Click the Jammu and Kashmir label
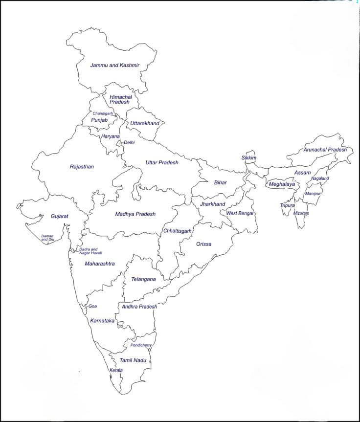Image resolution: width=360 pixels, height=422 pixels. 115,65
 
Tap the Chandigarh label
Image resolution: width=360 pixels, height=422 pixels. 103,113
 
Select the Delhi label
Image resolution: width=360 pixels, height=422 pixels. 129,142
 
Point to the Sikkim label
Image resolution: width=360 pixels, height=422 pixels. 248,158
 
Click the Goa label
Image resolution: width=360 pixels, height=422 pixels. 93,306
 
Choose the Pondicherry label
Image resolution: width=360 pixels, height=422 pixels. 141,345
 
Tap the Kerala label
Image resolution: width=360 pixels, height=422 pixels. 116,370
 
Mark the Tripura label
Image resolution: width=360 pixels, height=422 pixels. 288,205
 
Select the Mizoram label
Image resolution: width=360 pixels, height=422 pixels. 301,213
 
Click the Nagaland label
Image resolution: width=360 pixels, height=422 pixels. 320,178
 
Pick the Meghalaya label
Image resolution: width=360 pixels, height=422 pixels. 282,184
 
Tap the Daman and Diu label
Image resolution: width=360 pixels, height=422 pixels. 47,238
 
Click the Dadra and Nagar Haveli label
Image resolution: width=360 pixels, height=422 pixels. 88,251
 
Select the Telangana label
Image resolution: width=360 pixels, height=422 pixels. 143,279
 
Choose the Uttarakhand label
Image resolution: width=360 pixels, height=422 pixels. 145,123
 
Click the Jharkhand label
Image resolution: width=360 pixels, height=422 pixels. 212,204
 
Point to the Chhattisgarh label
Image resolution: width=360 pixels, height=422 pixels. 178,230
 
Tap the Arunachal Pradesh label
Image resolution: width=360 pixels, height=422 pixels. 325,150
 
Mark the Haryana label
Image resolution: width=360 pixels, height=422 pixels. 111,136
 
